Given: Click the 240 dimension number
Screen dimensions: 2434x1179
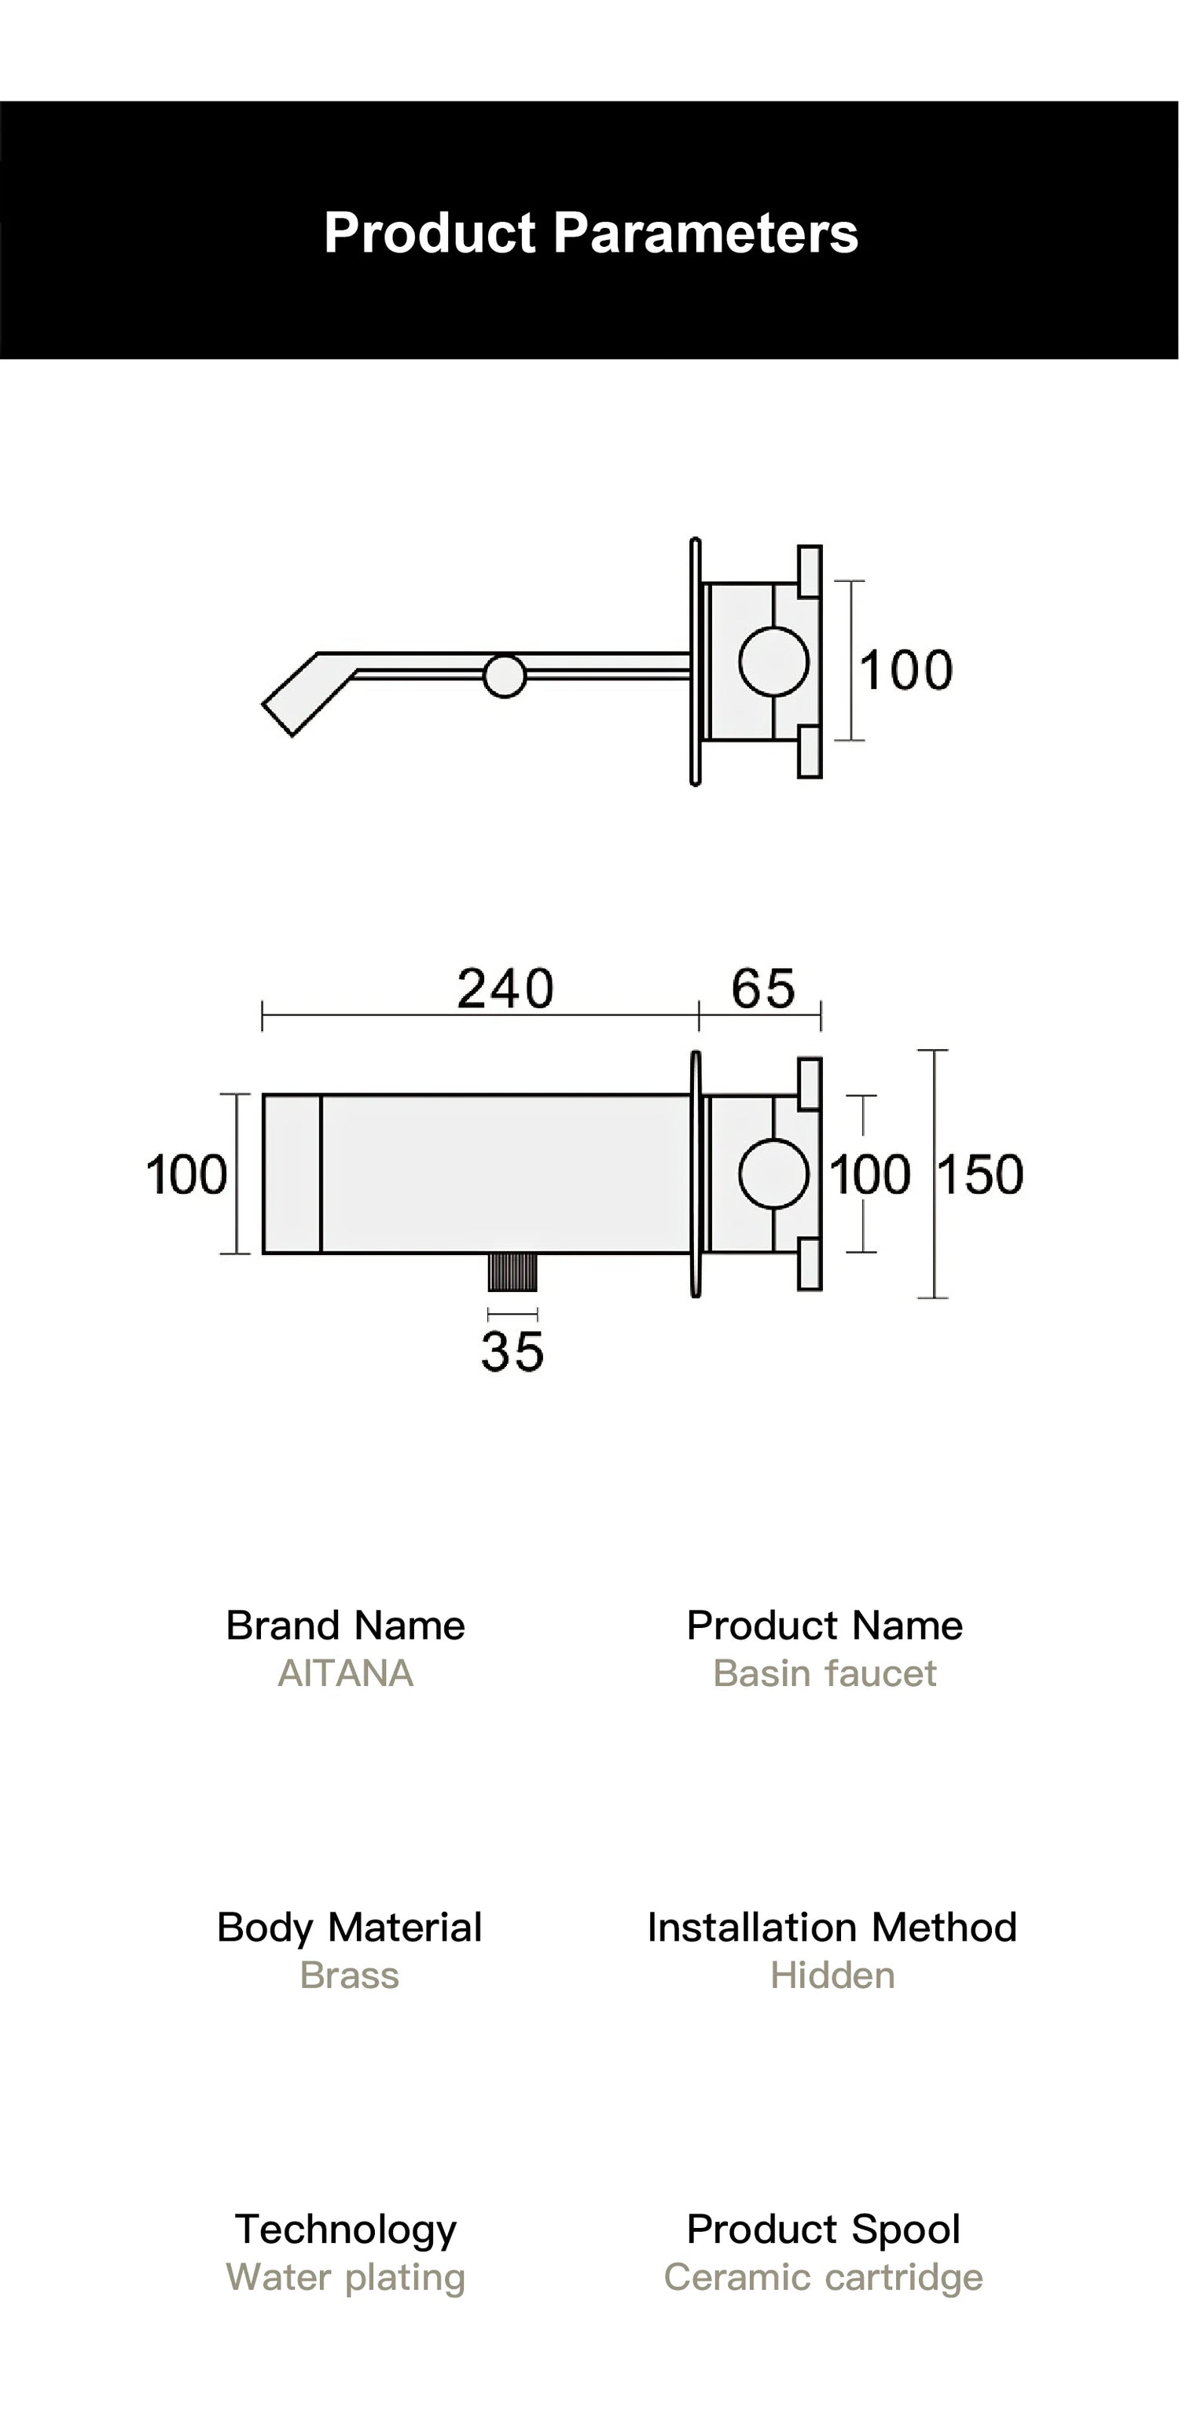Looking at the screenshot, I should pyautogui.click(x=505, y=989).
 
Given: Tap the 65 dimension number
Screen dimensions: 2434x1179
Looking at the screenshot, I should pyautogui.click(x=762, y=989).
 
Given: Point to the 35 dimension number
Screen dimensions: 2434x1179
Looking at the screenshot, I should pyautogui.click(x=512, y=1351).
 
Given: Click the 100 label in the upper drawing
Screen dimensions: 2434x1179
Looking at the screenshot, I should pyautogui.click(x=905, y=671).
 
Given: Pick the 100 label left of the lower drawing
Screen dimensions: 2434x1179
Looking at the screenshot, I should pyautogui.click(x=186, y=1174).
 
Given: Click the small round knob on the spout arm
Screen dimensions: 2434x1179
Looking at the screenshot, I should pyautogui.click(x=505, y=676).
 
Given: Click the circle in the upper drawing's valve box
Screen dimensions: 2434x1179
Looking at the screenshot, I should pyautogui.click(x=773, y=661).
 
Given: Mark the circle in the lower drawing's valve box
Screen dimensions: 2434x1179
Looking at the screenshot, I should pyautogui.click(x=773, y=1174).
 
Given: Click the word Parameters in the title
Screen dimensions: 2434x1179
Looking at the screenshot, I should pyautogui.click(x=705, y=233).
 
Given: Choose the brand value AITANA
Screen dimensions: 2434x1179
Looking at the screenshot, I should pyautogui.click(x=346, y=1674).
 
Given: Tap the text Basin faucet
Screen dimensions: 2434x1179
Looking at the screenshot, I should pyautogui.click(x=824, y=1674).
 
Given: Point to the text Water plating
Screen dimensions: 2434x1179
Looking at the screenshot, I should pyautogui.click(x=346, y=2278).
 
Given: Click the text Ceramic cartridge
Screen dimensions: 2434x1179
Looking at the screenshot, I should pyautogui.click(x=823, y=2278).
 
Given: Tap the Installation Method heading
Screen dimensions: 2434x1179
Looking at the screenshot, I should pyautogui.click(x=832, y=1928).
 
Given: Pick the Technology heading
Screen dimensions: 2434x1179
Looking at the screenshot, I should pyautogui.click(x=346, y=2229).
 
